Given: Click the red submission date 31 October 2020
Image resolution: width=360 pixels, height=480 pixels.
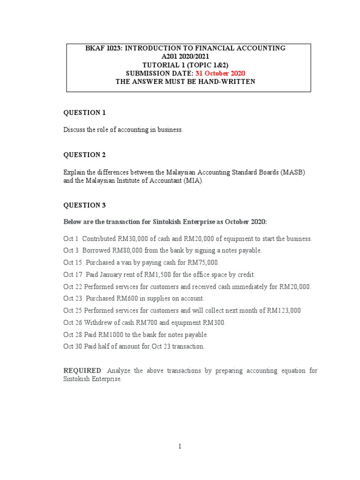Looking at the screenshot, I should point(222,73).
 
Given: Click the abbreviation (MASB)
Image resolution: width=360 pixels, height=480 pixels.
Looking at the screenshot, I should point(293,172).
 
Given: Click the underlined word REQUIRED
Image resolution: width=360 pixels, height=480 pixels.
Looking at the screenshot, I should point(82,370).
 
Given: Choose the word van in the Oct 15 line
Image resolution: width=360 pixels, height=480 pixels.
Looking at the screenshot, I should point(126,262).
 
